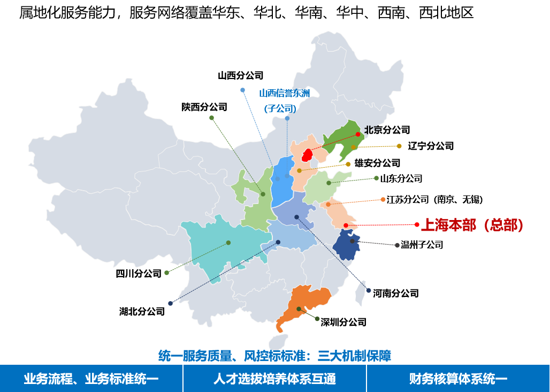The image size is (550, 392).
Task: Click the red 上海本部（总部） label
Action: [472, 225]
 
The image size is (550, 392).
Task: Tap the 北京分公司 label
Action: [387, 130]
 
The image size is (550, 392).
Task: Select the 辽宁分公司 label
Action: [431, 146]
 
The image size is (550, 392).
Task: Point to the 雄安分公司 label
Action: [377, 163]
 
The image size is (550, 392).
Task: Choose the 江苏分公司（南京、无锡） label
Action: [435, 199]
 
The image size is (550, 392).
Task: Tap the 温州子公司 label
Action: [422, 245]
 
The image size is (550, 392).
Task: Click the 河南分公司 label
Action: [396, 293]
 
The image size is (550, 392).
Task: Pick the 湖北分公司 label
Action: [142, 311]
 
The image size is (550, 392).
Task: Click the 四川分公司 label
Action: [139, 273]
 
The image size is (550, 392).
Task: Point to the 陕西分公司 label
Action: [204, 107]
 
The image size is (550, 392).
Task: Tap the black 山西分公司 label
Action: [241, 76]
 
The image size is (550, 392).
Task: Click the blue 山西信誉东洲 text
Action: [285, 93]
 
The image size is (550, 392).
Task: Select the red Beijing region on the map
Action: [307, 155]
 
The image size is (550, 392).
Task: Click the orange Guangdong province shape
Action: [303, 307]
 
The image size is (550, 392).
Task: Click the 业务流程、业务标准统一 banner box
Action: [91, 379]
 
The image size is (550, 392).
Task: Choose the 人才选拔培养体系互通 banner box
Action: [274, 379]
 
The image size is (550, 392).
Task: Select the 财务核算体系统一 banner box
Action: [458, 379]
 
